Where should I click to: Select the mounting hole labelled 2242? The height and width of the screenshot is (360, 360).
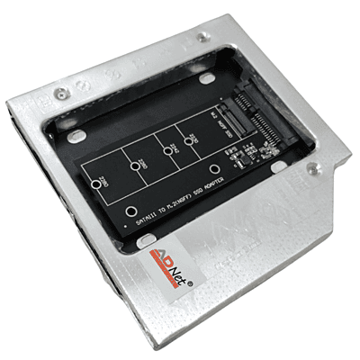[x=167, y=151]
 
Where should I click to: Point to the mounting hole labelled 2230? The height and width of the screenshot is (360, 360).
[x=192, y=141]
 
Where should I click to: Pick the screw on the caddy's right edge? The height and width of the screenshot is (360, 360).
[x=312, y=166]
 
